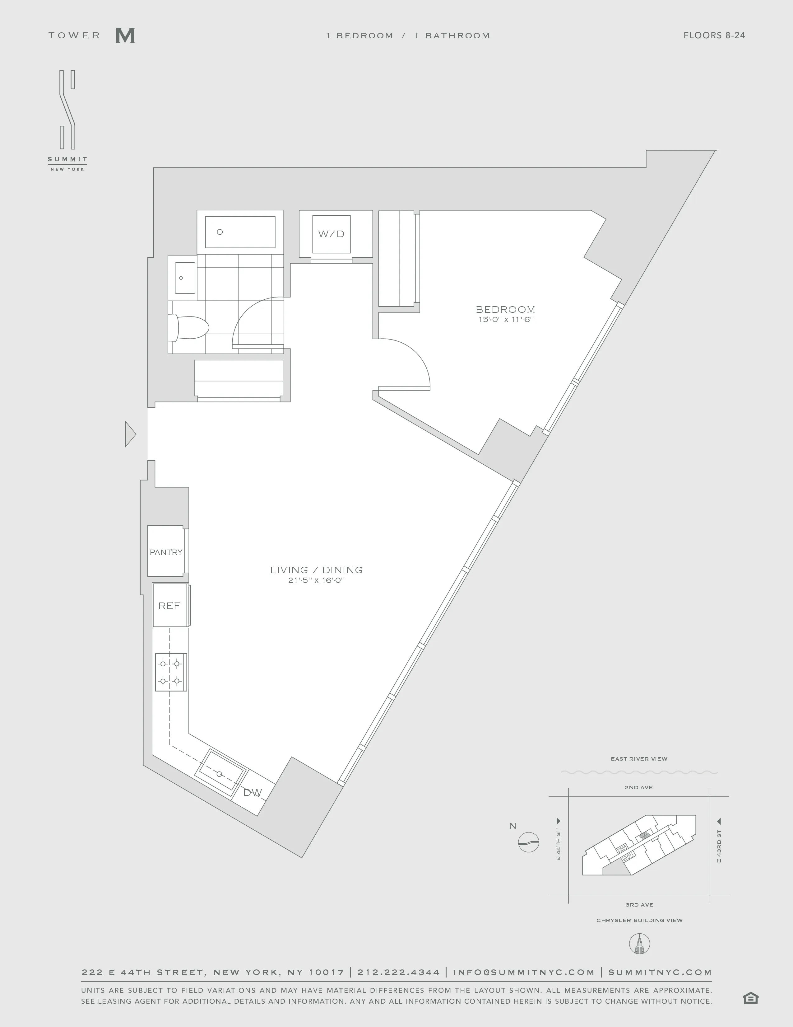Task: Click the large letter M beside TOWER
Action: pos(125,36)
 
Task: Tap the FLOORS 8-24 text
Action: pos(714,35)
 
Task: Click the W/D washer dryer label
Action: pos(331,234)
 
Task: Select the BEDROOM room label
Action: pos(505,309)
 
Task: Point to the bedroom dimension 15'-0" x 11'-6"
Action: pos(505,320)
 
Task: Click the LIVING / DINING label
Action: pos(316,570)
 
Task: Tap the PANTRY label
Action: pos(166,552)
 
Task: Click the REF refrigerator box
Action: pos(169,606)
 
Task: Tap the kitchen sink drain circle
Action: pos(219,774)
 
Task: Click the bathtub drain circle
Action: pos(219,232)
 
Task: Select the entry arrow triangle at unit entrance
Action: pos(130,434)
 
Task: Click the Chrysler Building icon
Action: pos(639,944)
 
